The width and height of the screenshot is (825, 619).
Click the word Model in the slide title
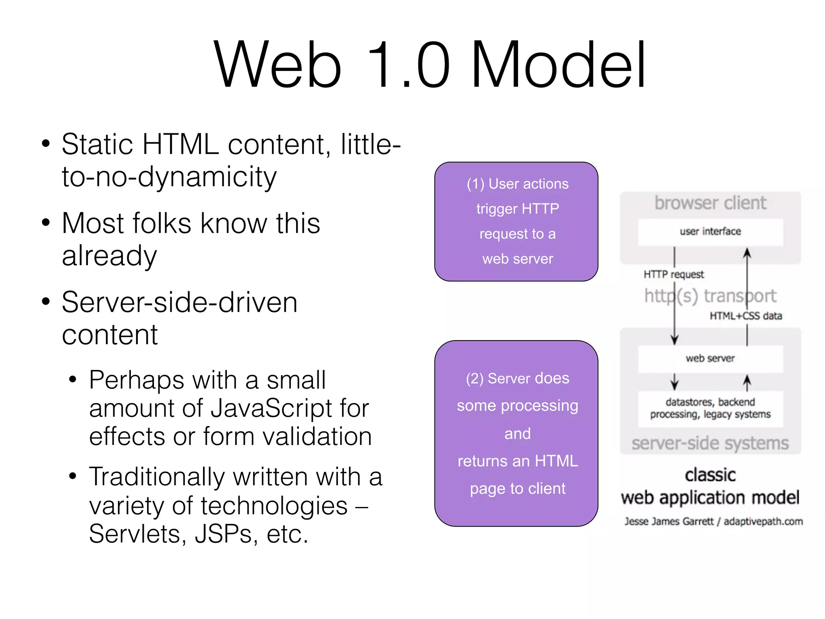pos(559,64)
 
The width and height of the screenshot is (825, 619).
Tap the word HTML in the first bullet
pos(180,144)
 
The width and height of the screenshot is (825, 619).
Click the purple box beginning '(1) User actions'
pos(516,222)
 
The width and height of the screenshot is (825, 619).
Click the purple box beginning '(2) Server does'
pos(516,433)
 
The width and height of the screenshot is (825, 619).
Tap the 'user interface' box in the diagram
pos(710,232)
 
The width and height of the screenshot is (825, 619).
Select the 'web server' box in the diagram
pos(710,358)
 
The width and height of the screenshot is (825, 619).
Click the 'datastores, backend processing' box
pos(710,408)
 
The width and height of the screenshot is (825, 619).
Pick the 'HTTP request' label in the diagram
pos(674,274)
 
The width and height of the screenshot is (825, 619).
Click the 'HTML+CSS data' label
pos(746,316)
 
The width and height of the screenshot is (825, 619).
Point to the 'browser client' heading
pos(710,203)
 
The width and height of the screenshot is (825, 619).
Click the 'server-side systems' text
pos(710,443)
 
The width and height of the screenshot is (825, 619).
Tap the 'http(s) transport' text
pos(710,296)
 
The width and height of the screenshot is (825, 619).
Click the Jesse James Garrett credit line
pos(713,521)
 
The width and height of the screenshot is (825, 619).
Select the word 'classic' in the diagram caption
pos(710,475)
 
